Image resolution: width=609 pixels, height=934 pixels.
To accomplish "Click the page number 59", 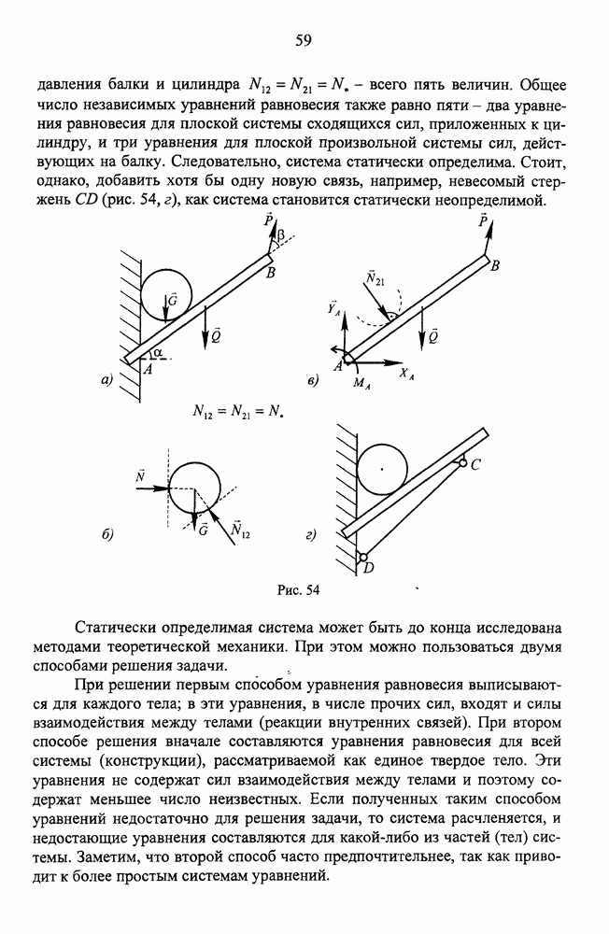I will (x=303, y=39).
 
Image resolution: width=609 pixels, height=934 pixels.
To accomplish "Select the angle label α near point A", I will (x=162, y=352).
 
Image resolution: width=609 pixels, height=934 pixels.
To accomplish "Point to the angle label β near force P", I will (x=278, y=238).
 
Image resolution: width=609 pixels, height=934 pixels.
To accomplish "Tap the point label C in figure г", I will (x=474, y=466).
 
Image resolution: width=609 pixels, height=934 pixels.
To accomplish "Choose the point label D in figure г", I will (x=367, y=568).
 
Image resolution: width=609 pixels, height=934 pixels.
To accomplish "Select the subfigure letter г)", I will (x=311, y=535).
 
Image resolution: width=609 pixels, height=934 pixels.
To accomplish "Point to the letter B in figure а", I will (x=271, y=273).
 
